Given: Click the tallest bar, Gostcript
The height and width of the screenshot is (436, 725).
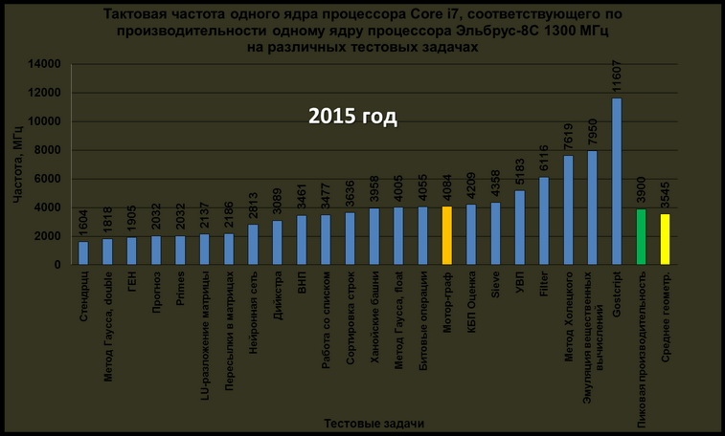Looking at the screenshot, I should (x=617, y=182).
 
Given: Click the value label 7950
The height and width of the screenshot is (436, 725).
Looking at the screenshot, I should (x=592, y=131).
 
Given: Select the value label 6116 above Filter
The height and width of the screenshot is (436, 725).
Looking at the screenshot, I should (x=544, y=158).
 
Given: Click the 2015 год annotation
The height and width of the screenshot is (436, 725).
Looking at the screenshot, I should (x=351, y=118).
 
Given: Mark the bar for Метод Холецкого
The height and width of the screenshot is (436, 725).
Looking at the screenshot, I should (x=568, y=209).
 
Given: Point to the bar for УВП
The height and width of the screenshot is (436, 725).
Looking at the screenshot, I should (x=519, y=228).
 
